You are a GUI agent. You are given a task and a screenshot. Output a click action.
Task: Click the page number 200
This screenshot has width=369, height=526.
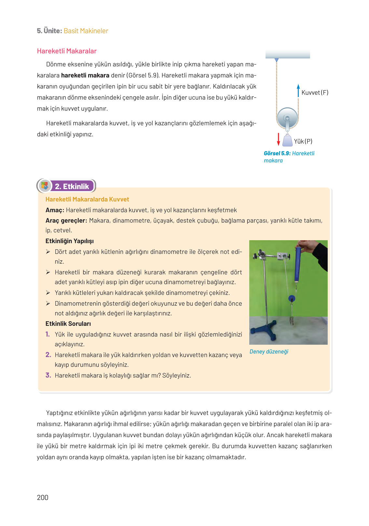click(x=43, y=497)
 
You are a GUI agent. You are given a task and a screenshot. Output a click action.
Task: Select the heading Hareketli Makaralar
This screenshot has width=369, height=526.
click(x=67, y=51)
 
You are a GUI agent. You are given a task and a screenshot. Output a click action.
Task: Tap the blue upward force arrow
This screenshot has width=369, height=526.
click(x=298, y=90)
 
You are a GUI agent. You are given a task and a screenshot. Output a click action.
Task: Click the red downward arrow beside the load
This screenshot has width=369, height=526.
click(x=279, y=139)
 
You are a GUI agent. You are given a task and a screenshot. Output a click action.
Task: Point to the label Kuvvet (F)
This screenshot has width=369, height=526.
click(x=315, y=93)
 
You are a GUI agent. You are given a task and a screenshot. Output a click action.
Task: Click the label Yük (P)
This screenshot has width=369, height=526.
click(x=303, y=141)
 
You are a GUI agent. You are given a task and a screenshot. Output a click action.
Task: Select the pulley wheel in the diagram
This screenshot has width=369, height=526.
click(x=287, y=118)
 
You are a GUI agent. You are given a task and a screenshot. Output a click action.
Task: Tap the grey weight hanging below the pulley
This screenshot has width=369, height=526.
click(x=288, y=141)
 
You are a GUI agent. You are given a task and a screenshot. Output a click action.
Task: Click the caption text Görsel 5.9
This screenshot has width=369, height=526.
click(x=277, y=153)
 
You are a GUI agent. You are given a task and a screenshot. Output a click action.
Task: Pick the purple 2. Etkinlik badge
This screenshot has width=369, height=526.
click(x=72, y=186)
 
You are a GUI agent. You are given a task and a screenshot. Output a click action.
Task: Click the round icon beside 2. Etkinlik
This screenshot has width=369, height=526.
click(x=45, y=186)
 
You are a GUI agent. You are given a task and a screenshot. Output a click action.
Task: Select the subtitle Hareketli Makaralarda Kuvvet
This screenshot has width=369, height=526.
click(x=87, y=199)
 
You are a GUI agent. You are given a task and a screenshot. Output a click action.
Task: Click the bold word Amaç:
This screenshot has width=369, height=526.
click(x=55, y=210)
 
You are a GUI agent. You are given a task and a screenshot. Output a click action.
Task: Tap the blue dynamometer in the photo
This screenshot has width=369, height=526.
click(x=298, y=264)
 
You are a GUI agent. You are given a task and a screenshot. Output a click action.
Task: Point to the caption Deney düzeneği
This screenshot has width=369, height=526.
click(x=269, y=352)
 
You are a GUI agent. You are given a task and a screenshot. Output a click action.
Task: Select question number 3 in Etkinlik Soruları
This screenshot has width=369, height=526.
click(x=48, y=375)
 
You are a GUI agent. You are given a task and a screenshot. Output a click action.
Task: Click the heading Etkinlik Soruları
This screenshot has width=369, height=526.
click(x=68, y=324)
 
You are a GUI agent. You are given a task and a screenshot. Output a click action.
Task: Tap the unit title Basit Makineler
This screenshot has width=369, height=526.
click(x=86, y=31)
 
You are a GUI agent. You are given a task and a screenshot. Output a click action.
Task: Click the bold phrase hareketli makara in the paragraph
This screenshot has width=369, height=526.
click(x=85, y=76)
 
